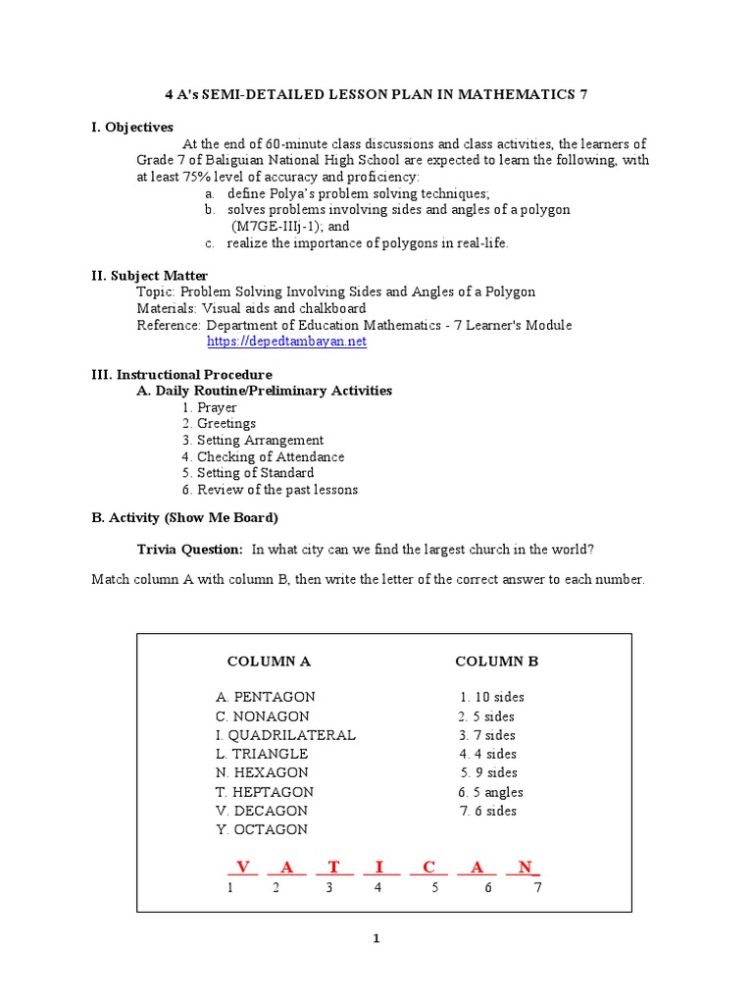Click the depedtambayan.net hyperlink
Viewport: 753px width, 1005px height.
(286, 342)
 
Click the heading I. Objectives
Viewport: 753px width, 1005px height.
(132, 128)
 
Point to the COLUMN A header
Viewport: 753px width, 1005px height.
(269, 661)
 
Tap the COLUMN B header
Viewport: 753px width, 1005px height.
(496, 661)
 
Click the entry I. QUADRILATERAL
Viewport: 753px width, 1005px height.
(286, 735)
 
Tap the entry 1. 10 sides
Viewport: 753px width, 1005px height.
(492, 697)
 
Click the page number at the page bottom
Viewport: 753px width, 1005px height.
(376, 939)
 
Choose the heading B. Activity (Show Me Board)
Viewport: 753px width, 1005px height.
(185, 518)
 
